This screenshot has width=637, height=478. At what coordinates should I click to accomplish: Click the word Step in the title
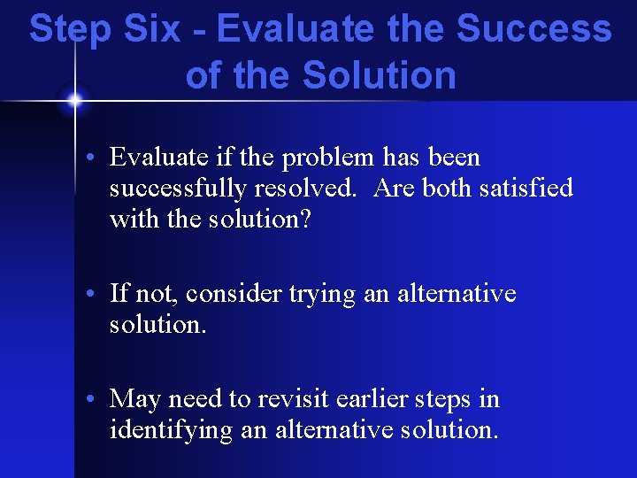click(69, 29)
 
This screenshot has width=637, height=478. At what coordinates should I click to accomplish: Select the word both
click(441, 189)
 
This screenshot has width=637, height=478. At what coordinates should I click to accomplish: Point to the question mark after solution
click(305, 219)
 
